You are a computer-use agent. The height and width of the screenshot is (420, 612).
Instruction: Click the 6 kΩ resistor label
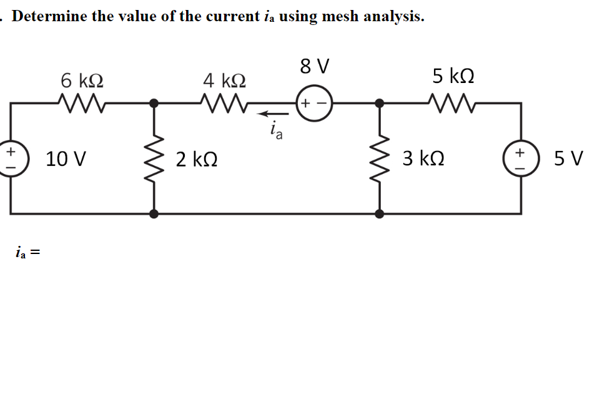pos(82,81)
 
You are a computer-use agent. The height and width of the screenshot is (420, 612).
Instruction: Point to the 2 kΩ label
pos(197,159)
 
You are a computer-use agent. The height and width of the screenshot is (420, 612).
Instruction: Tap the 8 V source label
pos(315,66)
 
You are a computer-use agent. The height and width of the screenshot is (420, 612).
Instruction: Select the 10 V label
pos(66,159)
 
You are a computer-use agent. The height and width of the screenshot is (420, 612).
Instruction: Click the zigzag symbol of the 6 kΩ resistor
pos(79,100)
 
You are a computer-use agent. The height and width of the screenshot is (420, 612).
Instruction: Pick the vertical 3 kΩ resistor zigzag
pos(379,157)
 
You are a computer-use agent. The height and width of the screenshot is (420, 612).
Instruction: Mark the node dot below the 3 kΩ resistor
pos(379,213)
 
